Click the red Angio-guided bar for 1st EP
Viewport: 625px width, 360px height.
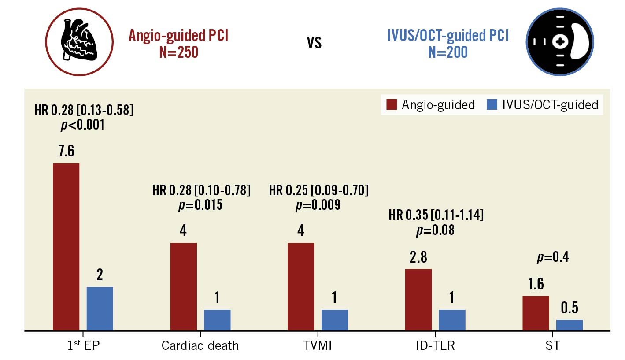coord(66,247)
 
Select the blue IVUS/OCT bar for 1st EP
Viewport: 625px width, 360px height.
coord(100,308)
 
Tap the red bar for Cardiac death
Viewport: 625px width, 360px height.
coord(183,286)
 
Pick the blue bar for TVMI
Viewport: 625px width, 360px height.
coord(334,320)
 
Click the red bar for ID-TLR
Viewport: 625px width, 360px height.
coord(418,300)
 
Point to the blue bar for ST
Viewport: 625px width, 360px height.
coord(569,325)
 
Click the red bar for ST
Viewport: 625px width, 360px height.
coord(536,313)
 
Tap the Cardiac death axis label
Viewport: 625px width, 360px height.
coord(200,345)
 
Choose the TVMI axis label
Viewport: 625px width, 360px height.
coord(318,345)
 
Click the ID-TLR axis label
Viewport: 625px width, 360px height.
coord(435,345)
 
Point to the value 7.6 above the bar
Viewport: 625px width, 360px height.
coord(66,151)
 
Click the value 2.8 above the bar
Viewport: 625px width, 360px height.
coord(418,257)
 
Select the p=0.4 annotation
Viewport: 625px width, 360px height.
coord(552,257)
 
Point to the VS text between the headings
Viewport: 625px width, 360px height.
coord(314,43)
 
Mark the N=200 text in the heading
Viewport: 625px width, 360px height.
coord(447,52)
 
